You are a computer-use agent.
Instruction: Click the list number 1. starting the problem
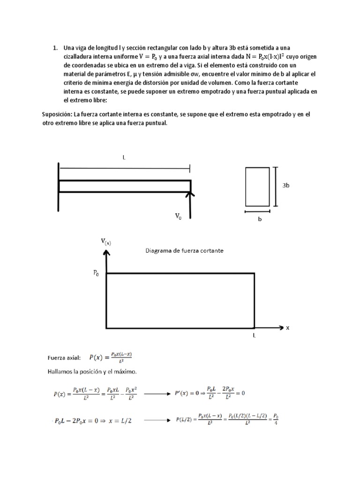(55, 48)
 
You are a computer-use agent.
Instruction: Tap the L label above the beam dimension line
(124, 158)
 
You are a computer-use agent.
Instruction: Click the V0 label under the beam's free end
(178, 216)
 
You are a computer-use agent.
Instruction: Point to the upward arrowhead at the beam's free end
(190, 193)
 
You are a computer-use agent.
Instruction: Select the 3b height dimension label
(285, 186)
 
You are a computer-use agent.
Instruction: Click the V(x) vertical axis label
(106, 242)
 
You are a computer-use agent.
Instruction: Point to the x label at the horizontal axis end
(288, 328)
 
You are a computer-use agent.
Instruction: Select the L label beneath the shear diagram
(254, 336)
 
